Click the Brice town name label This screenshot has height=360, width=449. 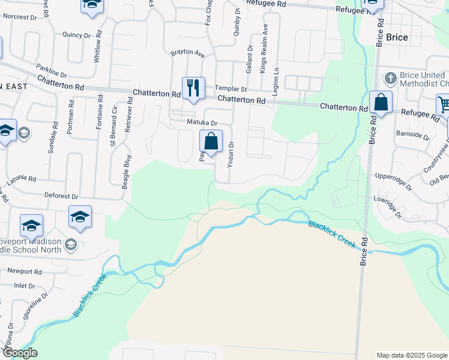tap(397, 37)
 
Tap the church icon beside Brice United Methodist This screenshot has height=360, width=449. tap(390, 78)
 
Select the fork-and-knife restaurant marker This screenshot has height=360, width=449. tap(193, 88)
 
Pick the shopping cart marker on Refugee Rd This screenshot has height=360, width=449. tap(444, 105)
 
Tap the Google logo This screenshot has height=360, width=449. tap(19, 353)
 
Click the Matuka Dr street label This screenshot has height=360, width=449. tap(200, 122)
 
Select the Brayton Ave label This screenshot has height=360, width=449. tap(188, 53)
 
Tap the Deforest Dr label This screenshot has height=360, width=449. tap(62, 196)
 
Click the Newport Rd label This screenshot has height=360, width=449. tap(25, 271)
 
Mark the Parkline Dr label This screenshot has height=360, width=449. tap(51, 71)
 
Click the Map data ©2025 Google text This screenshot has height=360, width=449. tap(411, 355)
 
